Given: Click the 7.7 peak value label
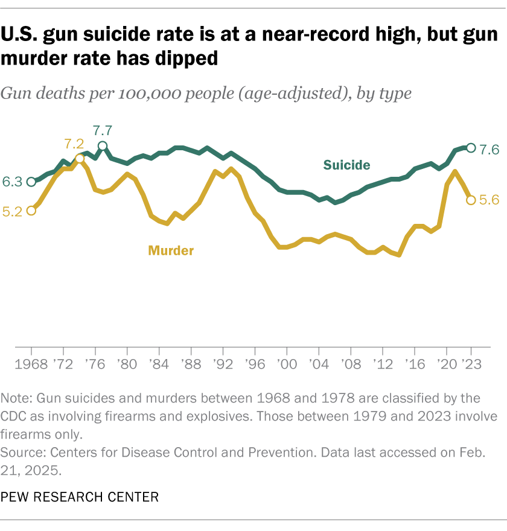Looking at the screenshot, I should pyautogui.click(x=103, y=130).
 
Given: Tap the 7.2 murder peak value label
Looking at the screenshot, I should pyautogui.click(x=74, y=144).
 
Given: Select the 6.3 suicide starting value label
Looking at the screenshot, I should pyautogui.click(x=12, y=181).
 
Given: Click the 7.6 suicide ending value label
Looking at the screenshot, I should pyautogui.click(x=489, y=149).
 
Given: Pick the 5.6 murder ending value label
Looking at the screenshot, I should pyautogui.click(x=489, y=200).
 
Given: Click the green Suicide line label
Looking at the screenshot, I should pyautogui.click(x=346, y=165).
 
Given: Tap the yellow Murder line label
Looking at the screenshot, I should pyautogui.click(x=171, y=250).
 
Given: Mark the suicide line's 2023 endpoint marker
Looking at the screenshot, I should pyautogui.click(x=471, y=148).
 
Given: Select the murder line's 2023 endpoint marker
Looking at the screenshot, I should pyautogui.click(x=471, y=200).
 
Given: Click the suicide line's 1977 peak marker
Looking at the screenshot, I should pyautogui.click(x=103, y=146).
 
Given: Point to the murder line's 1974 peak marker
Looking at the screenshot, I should pyautogui.click(x=79, y=159).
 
